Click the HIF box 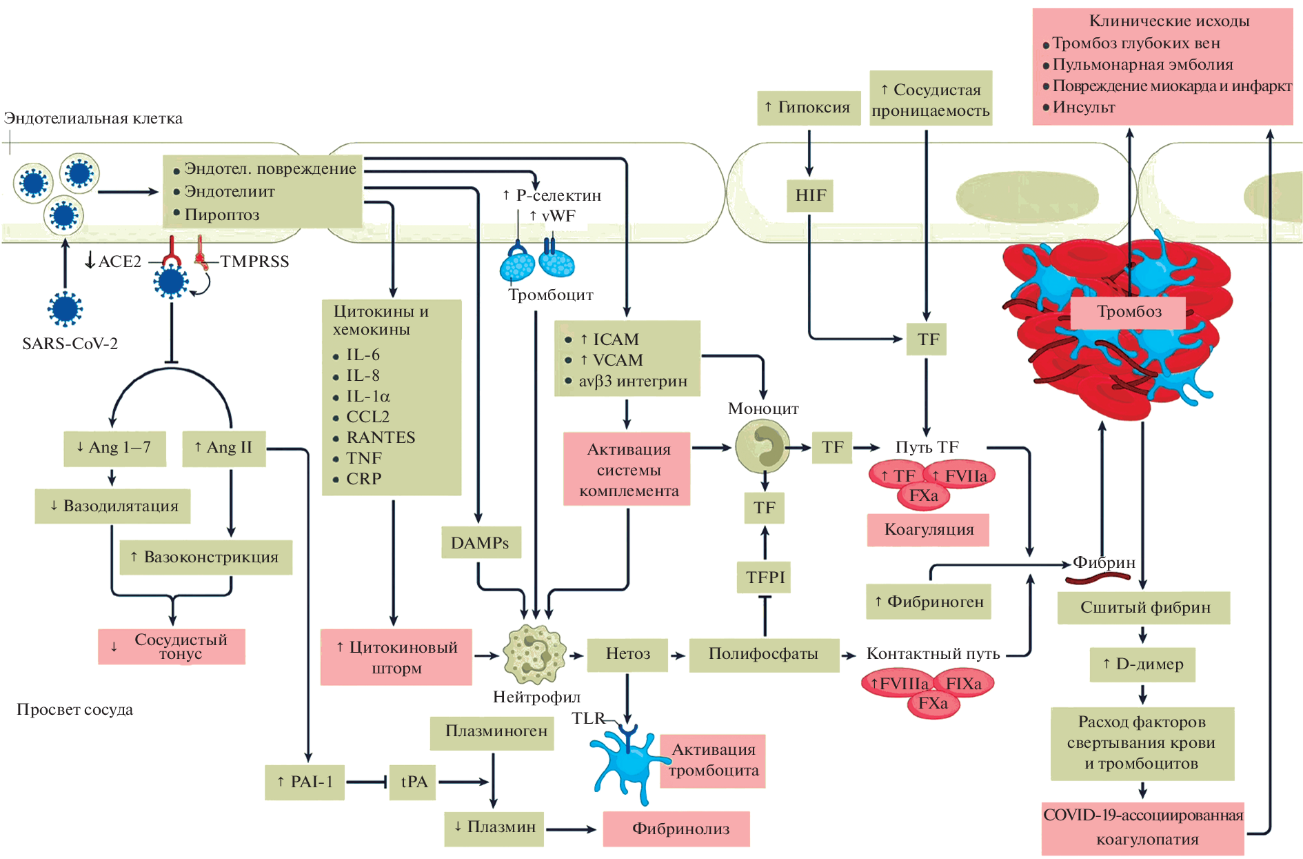[810, 195]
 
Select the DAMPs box [481, 543]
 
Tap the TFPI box [765, 577]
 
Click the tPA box [413, 782]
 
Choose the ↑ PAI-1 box [305, 782]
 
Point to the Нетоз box [627, 653]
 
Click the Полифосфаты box [763, 653]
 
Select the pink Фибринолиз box [676, 829]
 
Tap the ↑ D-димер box [1142, 664]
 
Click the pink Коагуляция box [928, 529]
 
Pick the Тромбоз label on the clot [1129, 312]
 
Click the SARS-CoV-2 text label [70, 344]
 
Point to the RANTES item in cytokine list [381, 437]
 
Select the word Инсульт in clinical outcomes [1084, 108]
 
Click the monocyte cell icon [762, 446]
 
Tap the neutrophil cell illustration [534, 653]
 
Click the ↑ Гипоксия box [808, 108]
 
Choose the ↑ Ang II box [224, 448]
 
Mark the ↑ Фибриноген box [929, 602]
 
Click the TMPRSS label [254, 261]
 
